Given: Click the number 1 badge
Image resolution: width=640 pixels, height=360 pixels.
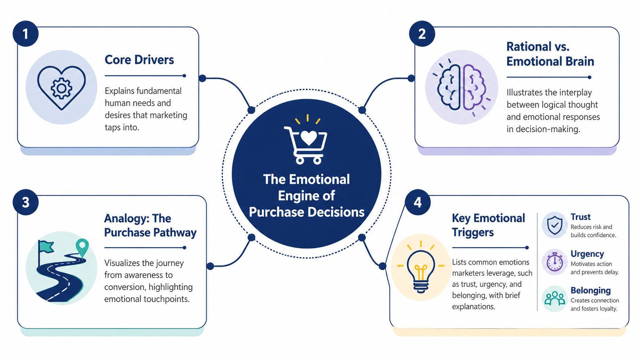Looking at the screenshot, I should pos(26,34).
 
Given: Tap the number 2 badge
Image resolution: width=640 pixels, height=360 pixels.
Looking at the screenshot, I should pos(422,34).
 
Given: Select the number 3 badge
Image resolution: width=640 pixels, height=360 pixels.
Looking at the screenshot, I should pos(26,202).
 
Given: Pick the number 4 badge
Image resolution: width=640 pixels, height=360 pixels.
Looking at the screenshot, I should pos(418,202).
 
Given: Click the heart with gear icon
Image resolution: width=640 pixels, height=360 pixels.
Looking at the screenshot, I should pos(61,88).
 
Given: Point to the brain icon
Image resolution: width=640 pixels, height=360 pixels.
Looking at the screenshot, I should pos(462,87).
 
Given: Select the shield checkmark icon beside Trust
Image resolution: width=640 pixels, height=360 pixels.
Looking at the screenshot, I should pos(555,225).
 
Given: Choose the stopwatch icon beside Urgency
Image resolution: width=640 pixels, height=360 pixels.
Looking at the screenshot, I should pos(555,262).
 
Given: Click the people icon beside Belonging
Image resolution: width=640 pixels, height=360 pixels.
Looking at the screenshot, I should pos(555,298).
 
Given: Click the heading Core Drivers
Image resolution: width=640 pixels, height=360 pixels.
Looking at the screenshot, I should pos(139,60).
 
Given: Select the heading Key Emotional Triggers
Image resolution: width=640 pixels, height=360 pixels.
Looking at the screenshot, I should pos(488,225).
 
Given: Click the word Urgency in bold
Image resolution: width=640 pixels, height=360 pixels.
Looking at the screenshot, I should pos(587,254).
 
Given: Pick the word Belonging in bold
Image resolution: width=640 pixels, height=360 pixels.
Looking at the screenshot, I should pos(591,290).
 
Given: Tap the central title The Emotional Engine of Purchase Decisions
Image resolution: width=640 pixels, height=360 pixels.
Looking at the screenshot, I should pos(306,195).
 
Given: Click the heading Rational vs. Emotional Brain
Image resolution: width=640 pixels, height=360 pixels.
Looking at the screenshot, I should pos(550,54).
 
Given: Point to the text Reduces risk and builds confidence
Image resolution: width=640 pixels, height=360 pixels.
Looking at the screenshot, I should pos(593,231).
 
